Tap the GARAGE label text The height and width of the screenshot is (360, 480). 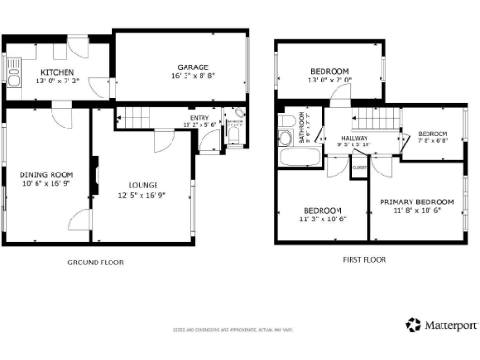pos(193,67)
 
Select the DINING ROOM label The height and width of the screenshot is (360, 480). pos(46,173)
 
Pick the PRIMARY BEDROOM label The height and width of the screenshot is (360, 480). pos(416,202)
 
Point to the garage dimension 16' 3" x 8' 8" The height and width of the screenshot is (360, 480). pos(193,77)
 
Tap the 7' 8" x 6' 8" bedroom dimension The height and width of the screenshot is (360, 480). pos(433,142)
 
